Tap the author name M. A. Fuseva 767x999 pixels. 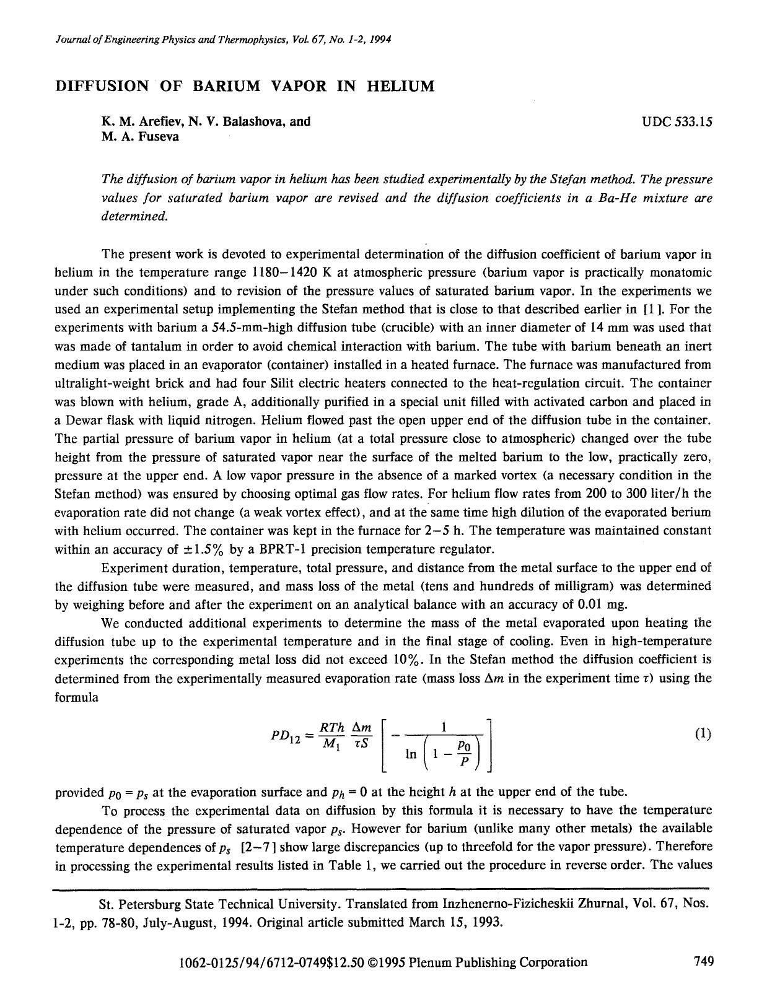140,137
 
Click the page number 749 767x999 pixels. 703,961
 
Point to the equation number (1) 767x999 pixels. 703,734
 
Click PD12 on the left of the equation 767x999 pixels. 285,735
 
